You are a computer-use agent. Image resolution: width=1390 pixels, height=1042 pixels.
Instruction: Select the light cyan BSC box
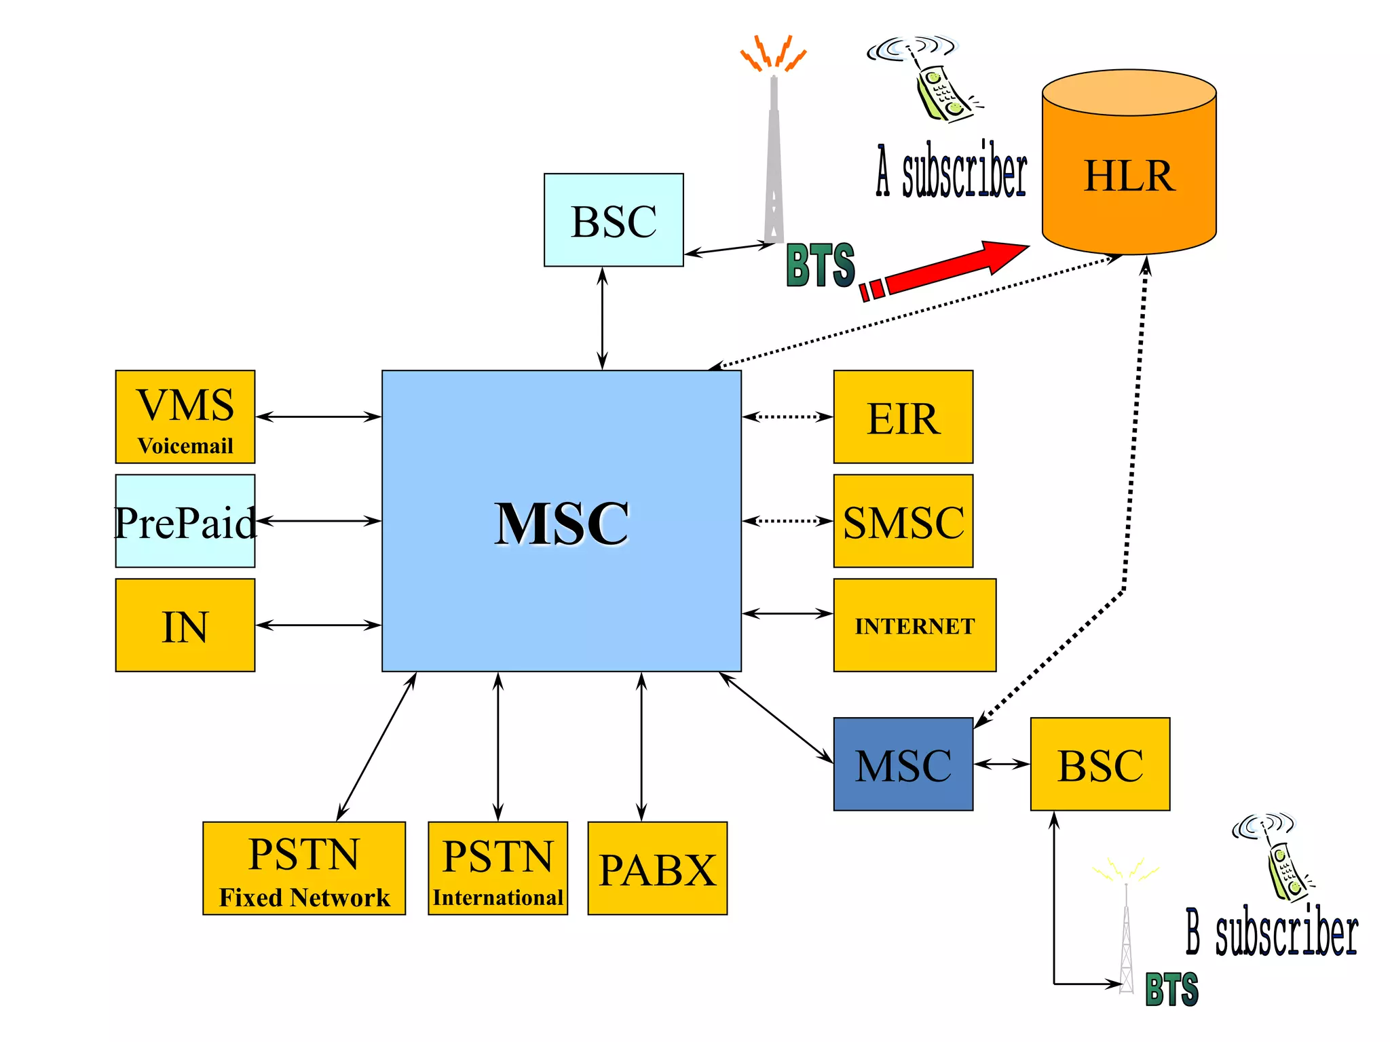[x=614, y=220]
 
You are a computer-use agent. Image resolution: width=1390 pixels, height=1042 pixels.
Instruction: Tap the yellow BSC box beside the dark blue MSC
[x=1100, y=764]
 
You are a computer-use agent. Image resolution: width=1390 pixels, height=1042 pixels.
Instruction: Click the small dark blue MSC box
[x=903, y=764]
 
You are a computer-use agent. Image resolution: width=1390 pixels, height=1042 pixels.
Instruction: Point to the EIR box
[x=903, y=417]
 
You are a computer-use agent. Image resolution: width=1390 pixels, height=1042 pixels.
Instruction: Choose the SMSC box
[x=903, y=521]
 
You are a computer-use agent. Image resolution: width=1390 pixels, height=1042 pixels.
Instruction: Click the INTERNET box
[x=914, y=625]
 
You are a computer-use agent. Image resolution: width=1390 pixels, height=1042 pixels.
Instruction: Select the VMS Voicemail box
[x=185, y=417]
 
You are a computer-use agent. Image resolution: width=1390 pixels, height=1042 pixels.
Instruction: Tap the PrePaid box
[x=185, y=521]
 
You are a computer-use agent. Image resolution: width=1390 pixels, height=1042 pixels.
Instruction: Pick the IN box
[x=185, y=625]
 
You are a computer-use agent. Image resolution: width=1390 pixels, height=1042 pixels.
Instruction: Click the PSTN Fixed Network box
[x=303, y=868]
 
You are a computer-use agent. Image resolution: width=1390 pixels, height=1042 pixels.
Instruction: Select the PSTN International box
[x=497, y=868]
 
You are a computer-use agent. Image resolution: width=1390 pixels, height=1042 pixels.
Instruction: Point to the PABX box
[x=657, y=868]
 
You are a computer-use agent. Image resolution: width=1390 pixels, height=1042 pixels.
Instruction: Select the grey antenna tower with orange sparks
[x=774, y=156]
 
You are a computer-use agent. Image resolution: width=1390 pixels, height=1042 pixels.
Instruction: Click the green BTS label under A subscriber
[x=820, y=265]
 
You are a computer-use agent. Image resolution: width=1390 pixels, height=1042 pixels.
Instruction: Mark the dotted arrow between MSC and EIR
[x=787, y=417]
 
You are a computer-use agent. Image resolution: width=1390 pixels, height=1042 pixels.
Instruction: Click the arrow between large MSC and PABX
[x=641, y=746]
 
